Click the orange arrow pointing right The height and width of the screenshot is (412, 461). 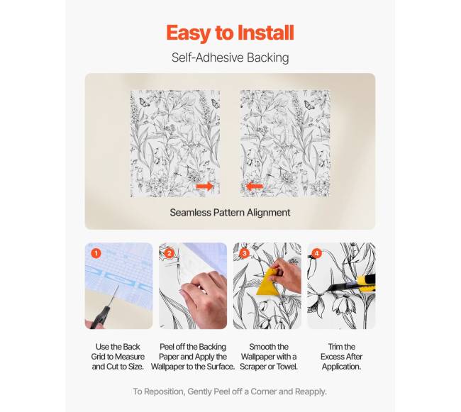point(205,186)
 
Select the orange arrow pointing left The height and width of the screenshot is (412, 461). point(254,186)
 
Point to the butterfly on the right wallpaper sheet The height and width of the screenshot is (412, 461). point(309,105)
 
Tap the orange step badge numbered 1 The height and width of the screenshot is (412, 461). point(96,253)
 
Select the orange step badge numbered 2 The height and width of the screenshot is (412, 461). point(169,253)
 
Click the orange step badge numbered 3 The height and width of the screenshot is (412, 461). point(244,253)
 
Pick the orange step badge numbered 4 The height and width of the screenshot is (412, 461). point(316,253)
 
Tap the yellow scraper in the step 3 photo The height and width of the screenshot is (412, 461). point(268,282)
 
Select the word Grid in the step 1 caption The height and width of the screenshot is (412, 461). point(99,357)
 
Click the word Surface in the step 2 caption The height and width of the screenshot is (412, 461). point(220,367)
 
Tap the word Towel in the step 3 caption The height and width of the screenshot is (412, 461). point(287,367)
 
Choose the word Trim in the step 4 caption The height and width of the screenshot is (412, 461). point(335,347)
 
